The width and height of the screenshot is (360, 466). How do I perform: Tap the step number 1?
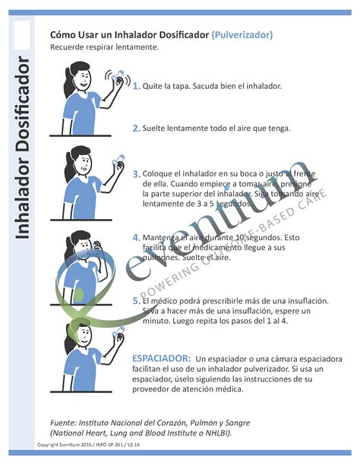[x=136, y=87]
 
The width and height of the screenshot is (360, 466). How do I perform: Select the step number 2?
[x=136, y=128]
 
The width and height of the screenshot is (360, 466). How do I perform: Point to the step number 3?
[x=136, y=174]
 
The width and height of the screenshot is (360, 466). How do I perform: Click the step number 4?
[x=136, y=238]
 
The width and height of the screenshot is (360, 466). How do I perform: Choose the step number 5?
[x=136, y=302]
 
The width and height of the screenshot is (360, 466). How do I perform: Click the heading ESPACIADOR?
[x=161, y=357]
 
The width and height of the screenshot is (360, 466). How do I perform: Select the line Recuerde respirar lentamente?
[x=104, y=47]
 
